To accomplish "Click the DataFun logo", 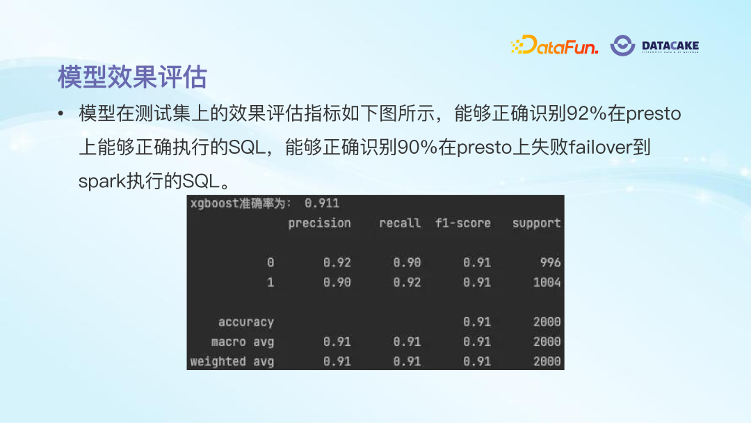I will coord(554,46).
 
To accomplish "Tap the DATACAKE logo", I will coord(654,46).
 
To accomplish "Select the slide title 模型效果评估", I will coord(132,77).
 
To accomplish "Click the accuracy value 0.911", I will coord(322,203).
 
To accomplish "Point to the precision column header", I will coord(319,223).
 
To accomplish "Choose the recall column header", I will coord(400,223).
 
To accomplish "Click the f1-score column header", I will coord(463,223).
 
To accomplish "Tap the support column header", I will coord(536,223).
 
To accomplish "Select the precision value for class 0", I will coord(337,263).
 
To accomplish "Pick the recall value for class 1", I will coord(407,282).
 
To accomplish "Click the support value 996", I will coord(550,263).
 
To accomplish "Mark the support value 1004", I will coord(547,282).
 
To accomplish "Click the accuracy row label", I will coord(246,322).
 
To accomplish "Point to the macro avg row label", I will coord(243,342).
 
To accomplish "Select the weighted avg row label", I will coord(232,362).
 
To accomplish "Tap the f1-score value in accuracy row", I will coord(477,322).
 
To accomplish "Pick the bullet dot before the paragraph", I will coord(61,114).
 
